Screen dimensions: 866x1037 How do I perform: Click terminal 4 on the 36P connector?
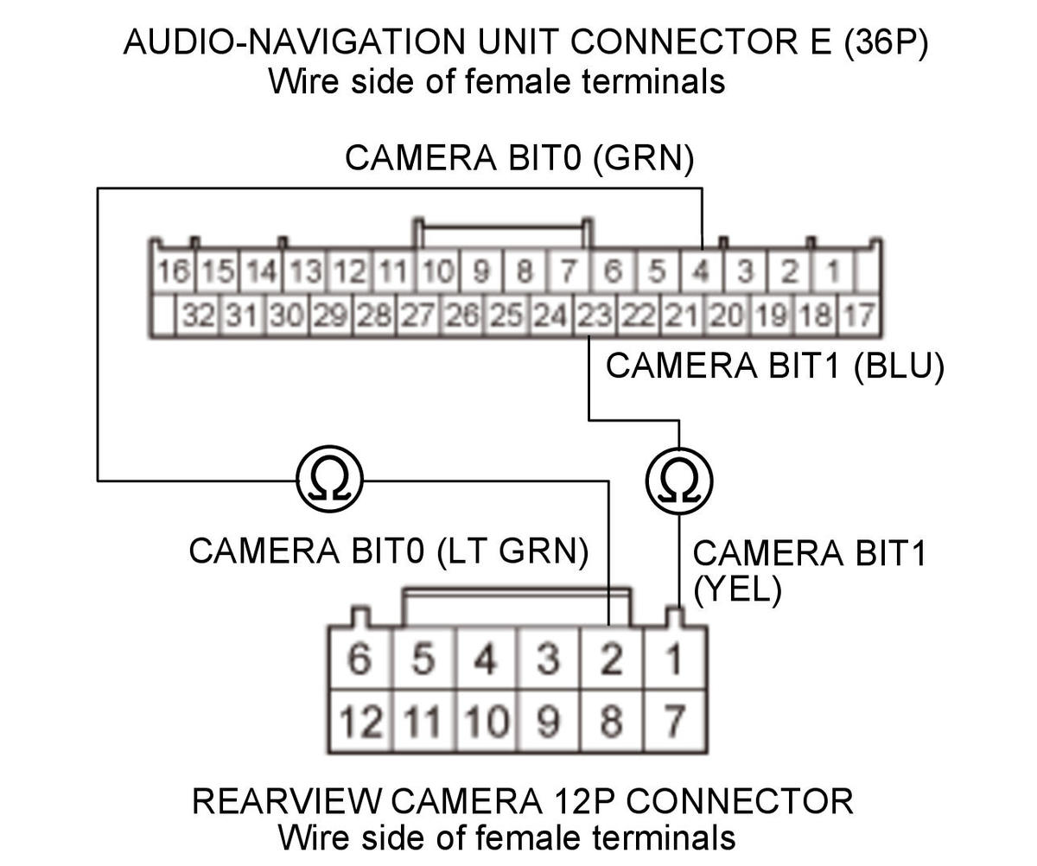pyautogui.click(x=701, y=271)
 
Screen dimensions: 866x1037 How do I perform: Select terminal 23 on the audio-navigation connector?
pyautogui.click(x=593, y=315)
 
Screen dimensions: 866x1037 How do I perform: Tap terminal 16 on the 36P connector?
pyautogui.click(x=173, y=271)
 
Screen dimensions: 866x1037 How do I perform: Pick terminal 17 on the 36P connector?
pyautogui.click(x=858, y=315)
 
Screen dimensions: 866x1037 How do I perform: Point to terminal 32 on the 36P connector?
pyautogui.click(x=198, y=315)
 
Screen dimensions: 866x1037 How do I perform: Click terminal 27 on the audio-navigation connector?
pyautogui.click(x=417, y=315)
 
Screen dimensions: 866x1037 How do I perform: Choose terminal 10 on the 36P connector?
pyautogui.click(x=437, y=271)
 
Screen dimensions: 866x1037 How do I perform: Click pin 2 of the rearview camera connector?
pyautogui.click(x=611, y=660)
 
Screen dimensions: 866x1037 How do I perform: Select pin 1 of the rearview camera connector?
pyautogui.click(x=674, y=660)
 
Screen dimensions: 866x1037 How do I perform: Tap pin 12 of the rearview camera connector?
pyautogui.click(x=359, y=721)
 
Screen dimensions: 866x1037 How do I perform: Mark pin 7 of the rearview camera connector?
pyautogui.click(x=674, y=721)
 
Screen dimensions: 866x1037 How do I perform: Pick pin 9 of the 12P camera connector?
pyautogui.click(x=548, y=721)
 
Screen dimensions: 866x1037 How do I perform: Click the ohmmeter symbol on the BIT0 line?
pyautogui.click(x=329, y=480)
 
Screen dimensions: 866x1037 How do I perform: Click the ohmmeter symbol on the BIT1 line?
pyautogui.click(x=678, y=480)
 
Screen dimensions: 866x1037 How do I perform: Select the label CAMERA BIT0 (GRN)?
pyautogui.click(x=518, y=158)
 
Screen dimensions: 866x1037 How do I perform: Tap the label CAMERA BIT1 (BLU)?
pyautogui.click(x=774, y=366)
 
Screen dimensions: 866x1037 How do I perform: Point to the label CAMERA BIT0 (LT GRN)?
pyautogui.click(x=388, y=551)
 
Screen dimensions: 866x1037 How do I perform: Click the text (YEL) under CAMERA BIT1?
pyautogui.click(x=737, y=589)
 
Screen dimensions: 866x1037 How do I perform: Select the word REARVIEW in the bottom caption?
pyautogui.click(x=284, y=801)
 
